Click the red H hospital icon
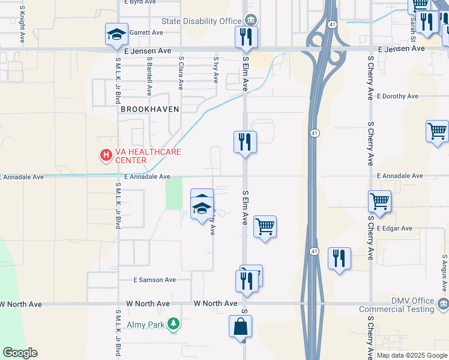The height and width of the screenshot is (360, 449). tap(106, 156)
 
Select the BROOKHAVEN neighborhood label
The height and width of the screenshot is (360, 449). tap(146, 110)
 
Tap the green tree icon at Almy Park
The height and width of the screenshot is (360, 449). tap(173, 325)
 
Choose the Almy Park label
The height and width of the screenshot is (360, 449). tap(146, 325)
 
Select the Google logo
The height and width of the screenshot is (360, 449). tap(20, 353)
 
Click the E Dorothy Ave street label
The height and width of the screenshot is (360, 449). tap(397, 96)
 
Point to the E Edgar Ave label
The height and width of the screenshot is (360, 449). tap(394, 229)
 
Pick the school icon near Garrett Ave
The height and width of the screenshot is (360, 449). tap(116, 34)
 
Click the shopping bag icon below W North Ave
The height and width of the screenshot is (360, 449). tap(240, 327)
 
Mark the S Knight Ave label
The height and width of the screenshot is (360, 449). tap(22, 25)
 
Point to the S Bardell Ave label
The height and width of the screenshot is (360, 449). tap(149, 76)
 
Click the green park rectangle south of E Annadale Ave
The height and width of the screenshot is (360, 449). tap(174, 194)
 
